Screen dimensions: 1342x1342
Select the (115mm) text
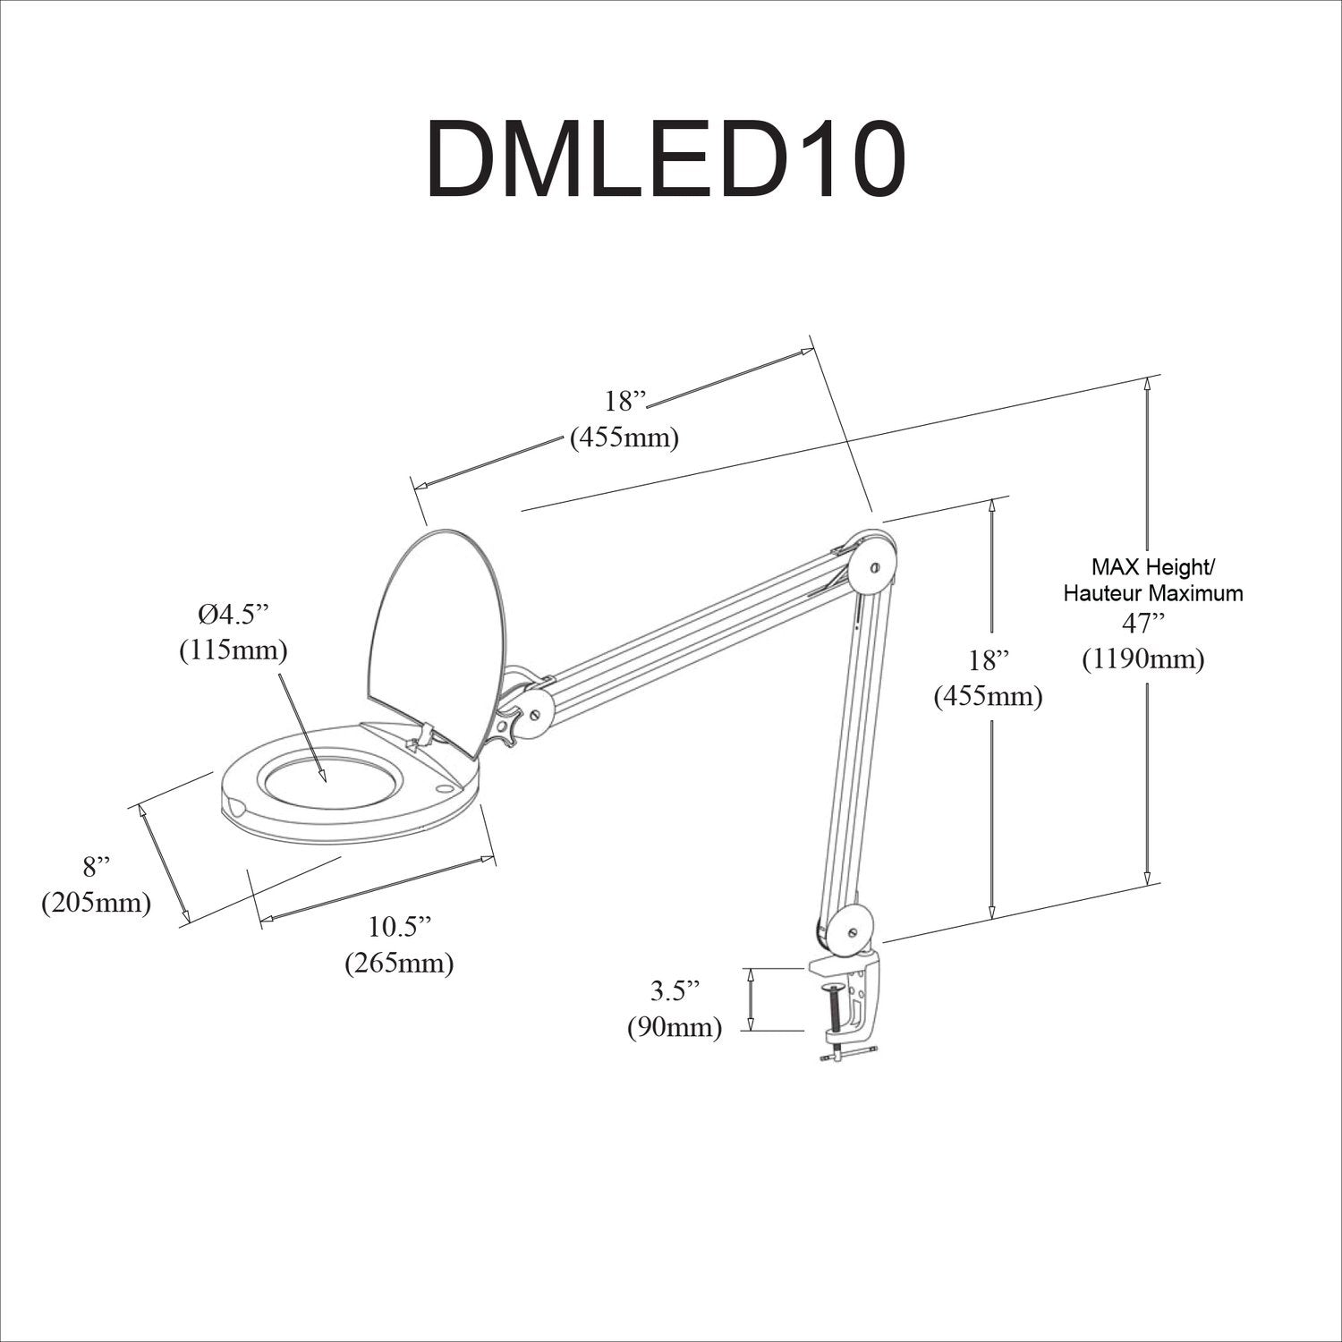tap(234, 650)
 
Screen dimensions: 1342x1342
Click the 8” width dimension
tap(97, 865)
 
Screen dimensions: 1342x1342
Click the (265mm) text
tap(400, 963)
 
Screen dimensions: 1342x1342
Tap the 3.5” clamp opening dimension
tap(674, 990)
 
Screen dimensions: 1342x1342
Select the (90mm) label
tap(674, 1027)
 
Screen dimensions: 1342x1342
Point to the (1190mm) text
tap(1142, 659)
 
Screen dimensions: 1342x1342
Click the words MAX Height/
tap(1151, 566)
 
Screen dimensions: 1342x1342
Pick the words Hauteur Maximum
tap(1152, 592)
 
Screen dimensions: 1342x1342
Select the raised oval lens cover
tap(438, 626)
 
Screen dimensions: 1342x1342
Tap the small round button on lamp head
tap(444, 789)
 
